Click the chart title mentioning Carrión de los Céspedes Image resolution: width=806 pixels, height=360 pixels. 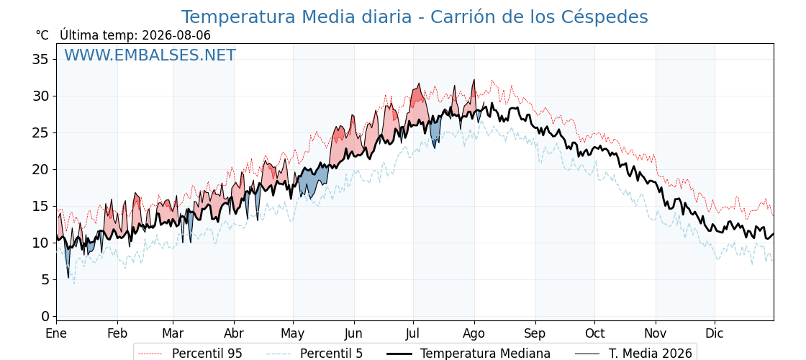coord(415,17)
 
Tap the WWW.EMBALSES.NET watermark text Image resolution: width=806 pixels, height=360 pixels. coord(150,55)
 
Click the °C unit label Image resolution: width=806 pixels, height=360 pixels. coord(42,35)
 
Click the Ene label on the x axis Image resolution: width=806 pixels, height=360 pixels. coord(56,333)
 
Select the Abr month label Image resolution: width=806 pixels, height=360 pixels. coord(234,333)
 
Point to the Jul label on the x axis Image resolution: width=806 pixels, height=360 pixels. coord(413,333)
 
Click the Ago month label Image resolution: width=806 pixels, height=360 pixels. coord(474,333)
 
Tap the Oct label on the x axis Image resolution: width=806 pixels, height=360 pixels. coord(594,333)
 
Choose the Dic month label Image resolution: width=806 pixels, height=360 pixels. coord(715,333)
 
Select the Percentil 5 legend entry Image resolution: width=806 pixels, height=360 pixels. coord(314,354)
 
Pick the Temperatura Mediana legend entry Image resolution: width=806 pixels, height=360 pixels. coord(468,354)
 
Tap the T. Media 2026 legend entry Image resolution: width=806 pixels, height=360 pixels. coord(633,354)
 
